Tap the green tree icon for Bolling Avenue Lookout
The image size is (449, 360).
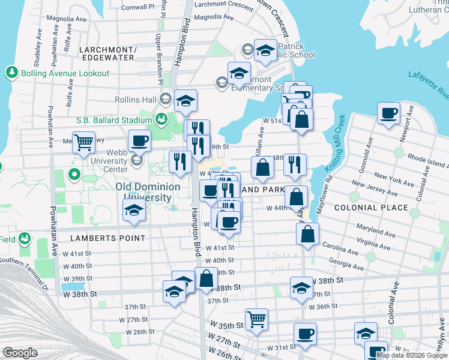tap(11, 73)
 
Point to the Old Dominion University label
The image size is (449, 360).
tap(148, 191)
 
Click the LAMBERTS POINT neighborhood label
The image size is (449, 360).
tap(107, 238)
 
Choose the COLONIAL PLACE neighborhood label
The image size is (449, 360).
tap(370, 208)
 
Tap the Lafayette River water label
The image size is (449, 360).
tap(428, 83)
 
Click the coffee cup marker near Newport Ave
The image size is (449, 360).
tap(388, 112)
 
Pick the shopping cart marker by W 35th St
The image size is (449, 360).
tap(257, 319)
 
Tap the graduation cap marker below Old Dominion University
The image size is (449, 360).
tap(133, 210)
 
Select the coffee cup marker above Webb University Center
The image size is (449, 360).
tap(139, 140)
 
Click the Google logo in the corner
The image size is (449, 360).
tap(20, 353)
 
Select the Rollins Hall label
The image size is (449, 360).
tap(136, 100)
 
